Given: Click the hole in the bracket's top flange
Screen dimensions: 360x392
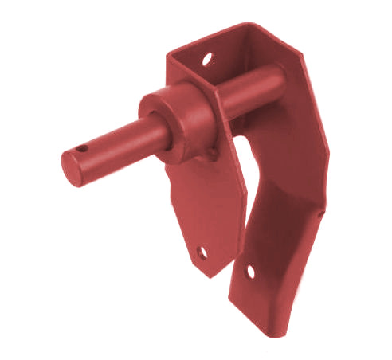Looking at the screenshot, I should [x=207, y=59].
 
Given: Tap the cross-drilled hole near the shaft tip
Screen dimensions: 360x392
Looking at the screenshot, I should [x=82, y=148].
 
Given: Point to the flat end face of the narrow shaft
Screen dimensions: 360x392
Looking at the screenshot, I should [x=74, y=168].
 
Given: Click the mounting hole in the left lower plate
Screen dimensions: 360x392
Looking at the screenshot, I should [x=202, y=252].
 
